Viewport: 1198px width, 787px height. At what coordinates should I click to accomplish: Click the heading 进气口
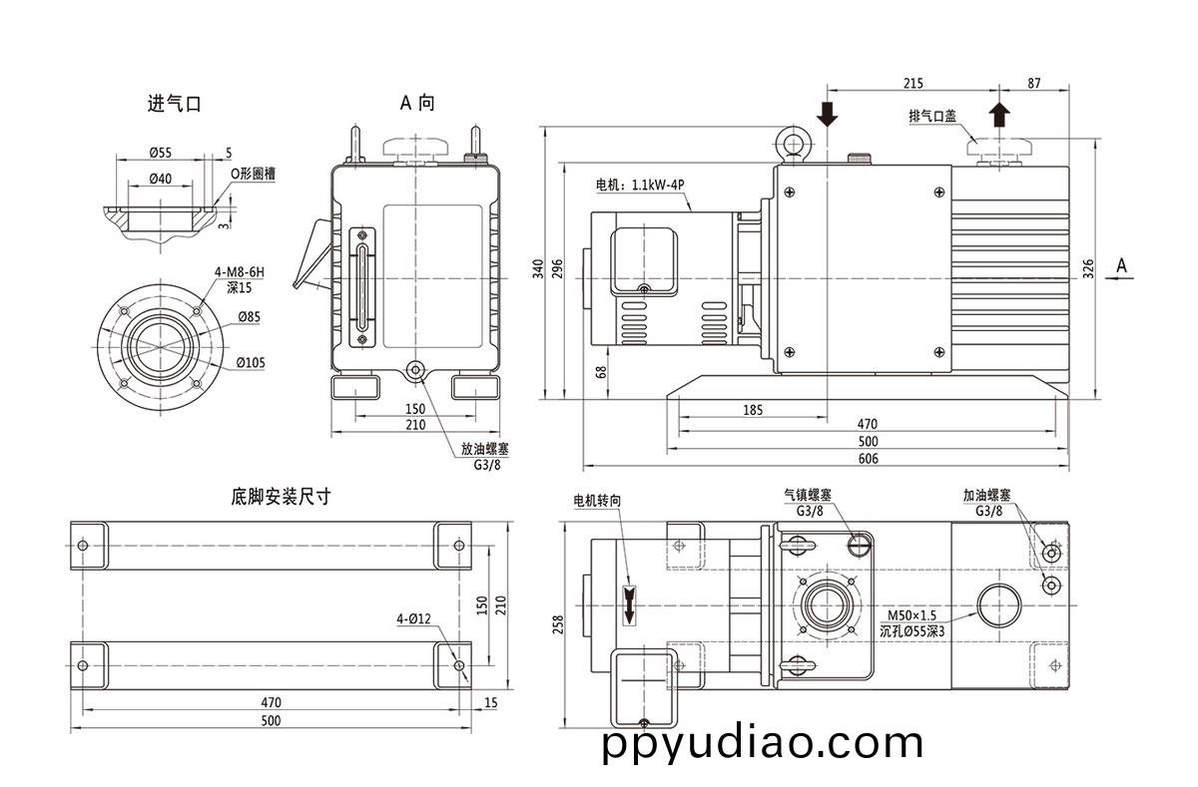tap(174, 103)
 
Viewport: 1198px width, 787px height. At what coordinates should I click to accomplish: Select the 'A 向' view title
tap(417, 102)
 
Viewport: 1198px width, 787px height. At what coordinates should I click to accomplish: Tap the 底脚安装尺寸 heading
tap(280, 496)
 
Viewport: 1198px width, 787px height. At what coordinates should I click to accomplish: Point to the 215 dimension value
tap(912, 84)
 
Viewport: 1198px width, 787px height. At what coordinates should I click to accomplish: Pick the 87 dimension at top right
tap(1032, 84)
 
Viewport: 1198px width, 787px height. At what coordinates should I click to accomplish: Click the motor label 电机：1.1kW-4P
tap(639, 186)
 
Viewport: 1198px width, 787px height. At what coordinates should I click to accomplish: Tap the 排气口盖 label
tap(931, 116)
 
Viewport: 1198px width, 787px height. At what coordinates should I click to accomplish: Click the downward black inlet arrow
tap(827, 113)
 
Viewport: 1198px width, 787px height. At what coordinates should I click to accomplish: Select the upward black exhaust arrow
tap(999, 113)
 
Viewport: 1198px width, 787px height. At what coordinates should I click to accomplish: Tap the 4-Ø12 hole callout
tap(413, 619)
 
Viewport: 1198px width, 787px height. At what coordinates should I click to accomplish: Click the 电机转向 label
tap(597, 500)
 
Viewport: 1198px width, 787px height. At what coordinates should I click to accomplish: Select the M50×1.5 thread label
tap(912, 614)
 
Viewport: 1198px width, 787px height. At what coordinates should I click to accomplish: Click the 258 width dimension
tap(558, 623)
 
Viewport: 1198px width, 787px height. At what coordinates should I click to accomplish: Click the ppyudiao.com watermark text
tap(763, 743)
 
